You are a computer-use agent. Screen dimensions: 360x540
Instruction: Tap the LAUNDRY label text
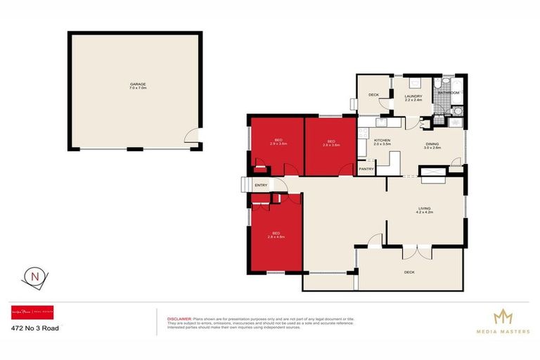[413, 96]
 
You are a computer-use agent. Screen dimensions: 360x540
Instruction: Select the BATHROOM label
[449, 93]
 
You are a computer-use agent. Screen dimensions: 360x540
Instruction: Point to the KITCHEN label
[382, 140]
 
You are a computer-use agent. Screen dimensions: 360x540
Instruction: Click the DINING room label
[432, 144]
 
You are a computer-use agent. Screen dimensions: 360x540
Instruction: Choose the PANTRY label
[366, 169]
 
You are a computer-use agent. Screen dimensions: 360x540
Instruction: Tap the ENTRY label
[261, 185]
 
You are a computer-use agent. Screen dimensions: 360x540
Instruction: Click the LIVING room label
[425, 207]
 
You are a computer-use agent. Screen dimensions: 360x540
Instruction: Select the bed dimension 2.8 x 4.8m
[276, 237]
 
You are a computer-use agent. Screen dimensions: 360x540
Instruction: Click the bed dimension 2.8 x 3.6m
[331, 145]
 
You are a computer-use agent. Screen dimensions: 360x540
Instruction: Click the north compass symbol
[36, 276]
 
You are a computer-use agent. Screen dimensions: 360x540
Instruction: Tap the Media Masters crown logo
[502, 316]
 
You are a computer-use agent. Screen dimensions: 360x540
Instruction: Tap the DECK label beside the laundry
[374, 95]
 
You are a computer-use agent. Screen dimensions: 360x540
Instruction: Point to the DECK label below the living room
[410, 271]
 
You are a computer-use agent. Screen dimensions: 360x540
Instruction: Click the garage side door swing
[191, 139]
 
